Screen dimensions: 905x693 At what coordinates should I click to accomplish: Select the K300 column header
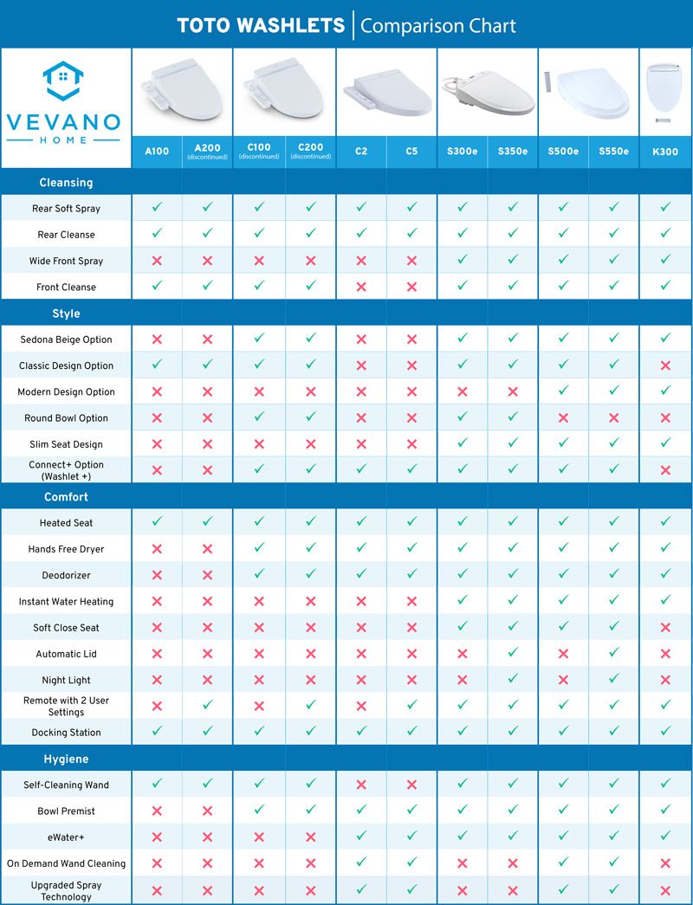tap(665, 152)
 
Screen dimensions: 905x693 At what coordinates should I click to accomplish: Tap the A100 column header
tap(157, 152)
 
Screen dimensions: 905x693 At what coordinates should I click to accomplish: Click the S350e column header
tap(513, 152)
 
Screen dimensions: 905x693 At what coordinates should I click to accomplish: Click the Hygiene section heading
tap(66, 760)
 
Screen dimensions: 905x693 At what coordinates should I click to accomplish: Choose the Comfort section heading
tap(66, 497)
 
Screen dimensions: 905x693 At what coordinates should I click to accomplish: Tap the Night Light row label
tap(66, 681)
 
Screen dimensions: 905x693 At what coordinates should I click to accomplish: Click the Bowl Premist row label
tap(66, 811)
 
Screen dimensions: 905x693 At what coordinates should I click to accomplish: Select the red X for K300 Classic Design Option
tap(665, 365)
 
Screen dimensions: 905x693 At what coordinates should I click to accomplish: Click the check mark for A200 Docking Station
tap(207, 732)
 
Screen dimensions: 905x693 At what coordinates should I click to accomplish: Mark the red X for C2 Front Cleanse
tap(361, 287)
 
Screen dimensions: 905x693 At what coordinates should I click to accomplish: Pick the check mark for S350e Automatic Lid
tap(513, 654)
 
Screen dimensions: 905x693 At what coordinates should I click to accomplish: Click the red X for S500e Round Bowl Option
tap(563, 417)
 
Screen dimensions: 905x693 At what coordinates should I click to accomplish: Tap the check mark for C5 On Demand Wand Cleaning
tap(411, 863)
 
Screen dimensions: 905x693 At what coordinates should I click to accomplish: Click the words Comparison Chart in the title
tap(437, 26)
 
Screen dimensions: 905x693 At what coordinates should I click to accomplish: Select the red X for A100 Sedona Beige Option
tap(157, 339)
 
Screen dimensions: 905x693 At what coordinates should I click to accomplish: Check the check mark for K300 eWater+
tap(665, 837)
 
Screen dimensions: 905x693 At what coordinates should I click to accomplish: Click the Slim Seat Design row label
tap(66, 444)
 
